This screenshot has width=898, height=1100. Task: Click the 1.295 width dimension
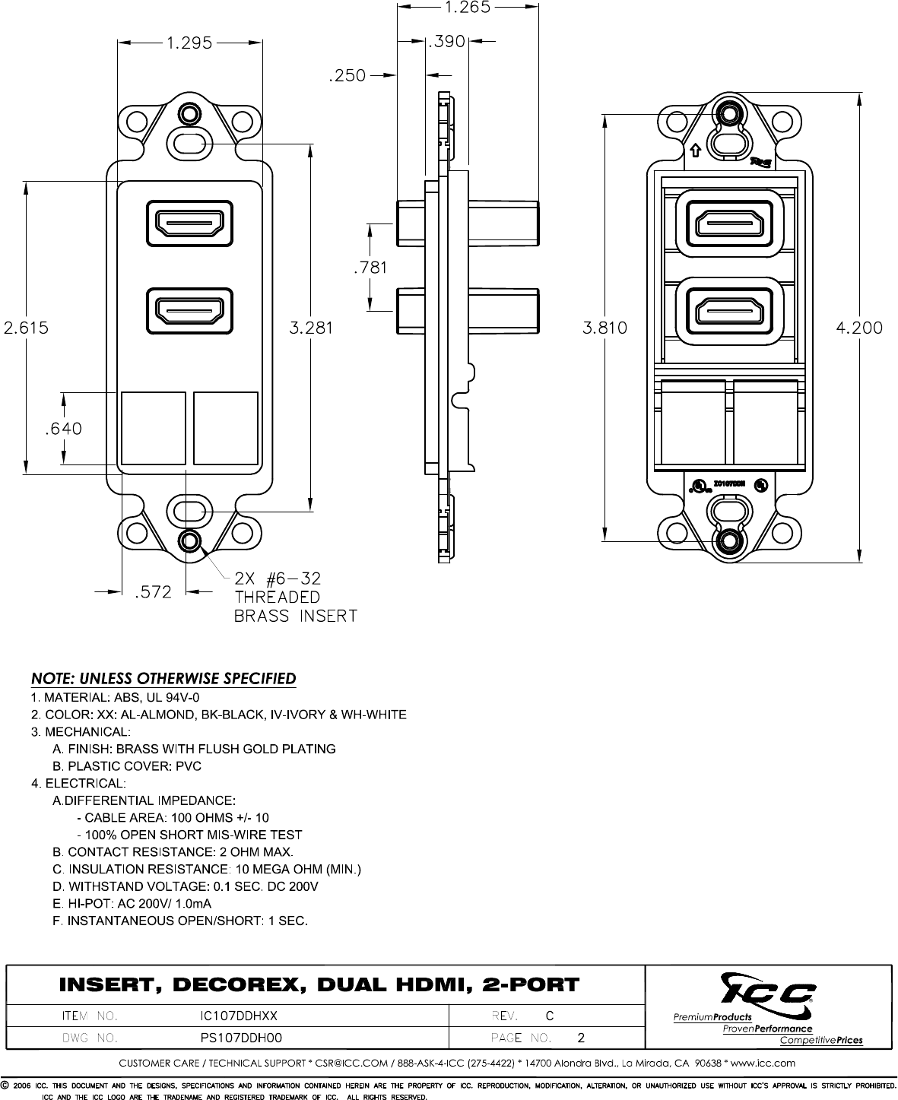pos(190,43)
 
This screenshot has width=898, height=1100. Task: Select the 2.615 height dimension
pos(26,328)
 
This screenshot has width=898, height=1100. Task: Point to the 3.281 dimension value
pos(311,328)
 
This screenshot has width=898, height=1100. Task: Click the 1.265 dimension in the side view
pos(467,8)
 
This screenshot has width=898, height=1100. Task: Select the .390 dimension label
pos(446,43)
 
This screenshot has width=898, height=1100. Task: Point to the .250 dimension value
pos(347,75)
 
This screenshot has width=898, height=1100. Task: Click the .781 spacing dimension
pos(370,267)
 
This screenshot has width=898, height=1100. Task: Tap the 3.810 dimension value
pos(604,328)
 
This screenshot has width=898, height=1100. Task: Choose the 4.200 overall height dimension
pos(859,328)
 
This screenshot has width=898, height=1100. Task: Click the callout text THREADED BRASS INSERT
pos(295,607)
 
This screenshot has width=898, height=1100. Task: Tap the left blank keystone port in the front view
pos(154,428)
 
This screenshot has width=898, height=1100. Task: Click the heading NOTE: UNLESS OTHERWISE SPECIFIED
pos(163,678)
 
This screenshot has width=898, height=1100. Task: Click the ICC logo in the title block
pos(769,991)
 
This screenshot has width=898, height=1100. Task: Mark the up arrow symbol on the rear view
pos(695,149)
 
